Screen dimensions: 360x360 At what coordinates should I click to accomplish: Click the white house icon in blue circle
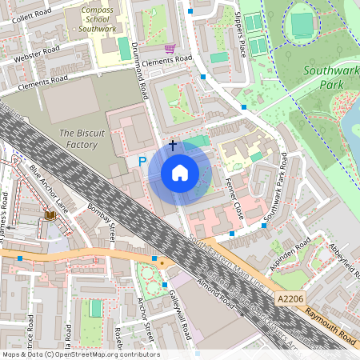[x=180, y=173]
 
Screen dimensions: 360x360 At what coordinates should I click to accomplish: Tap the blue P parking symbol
[x=142, y=161]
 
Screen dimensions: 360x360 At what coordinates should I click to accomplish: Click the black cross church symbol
[x=173, y=146]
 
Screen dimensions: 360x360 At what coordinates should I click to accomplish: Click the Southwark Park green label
[x=328, y=76]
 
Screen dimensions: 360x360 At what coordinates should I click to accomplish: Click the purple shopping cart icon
[x=169, y=48]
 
